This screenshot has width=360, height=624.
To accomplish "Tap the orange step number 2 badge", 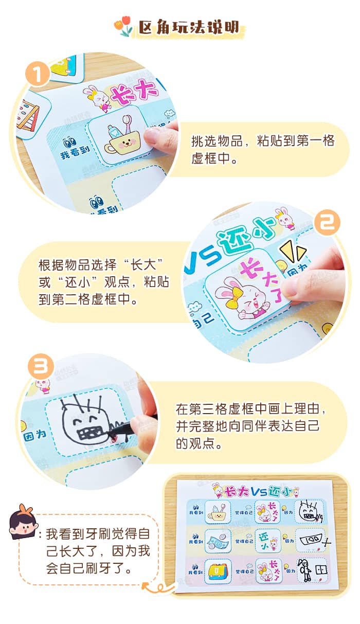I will [x=327, y=224].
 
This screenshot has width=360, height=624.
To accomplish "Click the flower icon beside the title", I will [x=125, y=27].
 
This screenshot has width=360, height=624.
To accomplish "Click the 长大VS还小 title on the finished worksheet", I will [x=255, y=491].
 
